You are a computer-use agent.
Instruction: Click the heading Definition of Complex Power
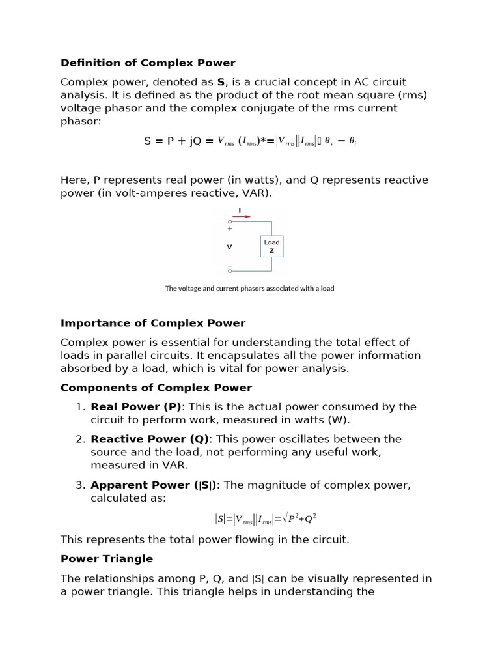pos(148,63)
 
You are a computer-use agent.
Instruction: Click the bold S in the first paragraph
pos(221,82)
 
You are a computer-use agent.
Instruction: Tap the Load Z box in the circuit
pos(271,246)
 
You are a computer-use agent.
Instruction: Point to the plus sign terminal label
pos(229,229)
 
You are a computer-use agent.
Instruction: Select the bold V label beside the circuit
pos(229,247)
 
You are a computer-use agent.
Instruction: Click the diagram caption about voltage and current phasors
pos(249,288)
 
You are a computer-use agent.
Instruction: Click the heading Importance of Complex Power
pos(153,323)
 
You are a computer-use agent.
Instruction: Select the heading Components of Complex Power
pos(156,388)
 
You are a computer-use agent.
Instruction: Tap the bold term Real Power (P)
pos(136,407)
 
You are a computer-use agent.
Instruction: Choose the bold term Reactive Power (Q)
pos(146,439)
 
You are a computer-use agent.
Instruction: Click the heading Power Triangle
pos(107,559)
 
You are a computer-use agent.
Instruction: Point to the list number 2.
pos(80,439)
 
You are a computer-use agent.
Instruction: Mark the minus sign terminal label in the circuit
pos(229,266)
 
